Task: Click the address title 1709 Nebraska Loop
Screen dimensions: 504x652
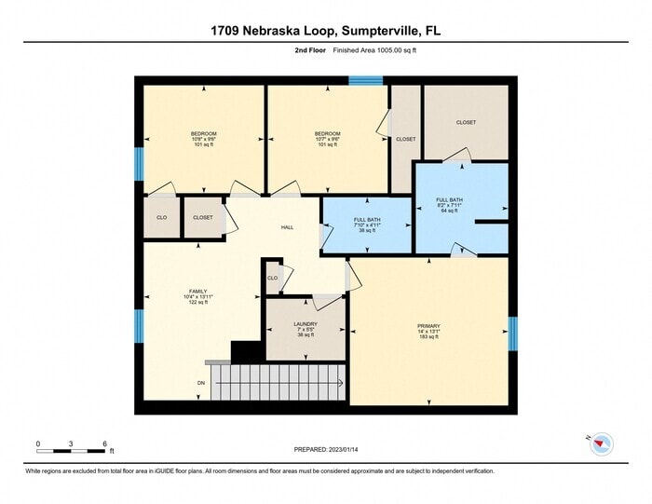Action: [x=325, y=31]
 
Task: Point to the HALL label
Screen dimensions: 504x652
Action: [x=289, y=227]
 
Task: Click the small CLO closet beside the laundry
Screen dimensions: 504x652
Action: [x=272, y=278]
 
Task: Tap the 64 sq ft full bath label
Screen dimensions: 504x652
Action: [x=448, y=205]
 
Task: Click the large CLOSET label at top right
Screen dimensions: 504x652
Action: [x=466, y=122]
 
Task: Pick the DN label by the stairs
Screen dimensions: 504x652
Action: [x=200, y=383]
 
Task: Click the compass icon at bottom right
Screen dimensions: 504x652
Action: [x=601, y=443]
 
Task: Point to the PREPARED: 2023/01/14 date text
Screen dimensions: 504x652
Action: [x=325, y=448]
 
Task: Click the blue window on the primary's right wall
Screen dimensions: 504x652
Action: [x=511, y=334]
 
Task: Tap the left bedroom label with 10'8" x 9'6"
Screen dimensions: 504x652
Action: [x=204, y=139]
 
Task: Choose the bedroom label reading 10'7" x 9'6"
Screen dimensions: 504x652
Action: [x=327, y=139]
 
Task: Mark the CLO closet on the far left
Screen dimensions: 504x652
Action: [x=161, y=217]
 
